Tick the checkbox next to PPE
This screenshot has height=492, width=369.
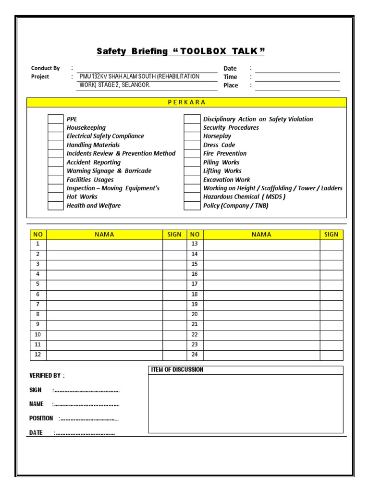tap(55, 119)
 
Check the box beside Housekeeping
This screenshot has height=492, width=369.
tap(55, 128)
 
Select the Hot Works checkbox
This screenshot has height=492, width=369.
tap(55, 197)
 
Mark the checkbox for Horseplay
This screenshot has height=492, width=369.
tap(192, 136)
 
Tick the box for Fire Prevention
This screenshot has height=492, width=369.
tap(192, 154)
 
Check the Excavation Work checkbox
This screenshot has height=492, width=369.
tap(192, 180)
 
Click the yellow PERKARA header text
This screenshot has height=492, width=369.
tap(186, 102)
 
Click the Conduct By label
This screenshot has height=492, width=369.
tap(45, 68)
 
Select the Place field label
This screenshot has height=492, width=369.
tap(231, 86)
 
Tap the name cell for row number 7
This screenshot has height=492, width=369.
tap(104, 305)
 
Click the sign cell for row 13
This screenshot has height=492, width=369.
tap(332, 245)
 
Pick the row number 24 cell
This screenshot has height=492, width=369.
tap(195, 355)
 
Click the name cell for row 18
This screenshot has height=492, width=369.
tap(261, 295)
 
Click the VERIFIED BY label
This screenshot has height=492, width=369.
tap(46, 376)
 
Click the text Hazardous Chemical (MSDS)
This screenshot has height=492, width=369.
tap(244, 197)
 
